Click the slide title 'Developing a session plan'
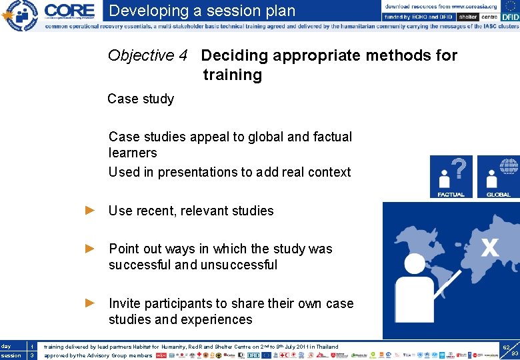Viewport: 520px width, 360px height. tap(202, 11)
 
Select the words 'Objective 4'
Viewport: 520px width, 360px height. tap(147, 55)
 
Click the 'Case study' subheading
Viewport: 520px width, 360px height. tap(141, 99)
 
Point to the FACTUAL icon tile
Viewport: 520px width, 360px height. tap(451, 177)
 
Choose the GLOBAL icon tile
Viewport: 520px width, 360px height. tap(498, 177)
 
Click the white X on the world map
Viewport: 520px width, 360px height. tap(489, 249)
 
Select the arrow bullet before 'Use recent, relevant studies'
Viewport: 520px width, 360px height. tap(91, 211)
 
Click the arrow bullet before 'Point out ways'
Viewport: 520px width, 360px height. tap(91, 249)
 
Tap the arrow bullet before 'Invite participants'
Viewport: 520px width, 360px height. tap(91, 303)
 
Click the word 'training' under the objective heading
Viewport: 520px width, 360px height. tap(233, 75)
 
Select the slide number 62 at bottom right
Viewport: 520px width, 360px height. tap(506, 347)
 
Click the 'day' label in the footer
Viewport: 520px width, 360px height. tap(7, 347)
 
